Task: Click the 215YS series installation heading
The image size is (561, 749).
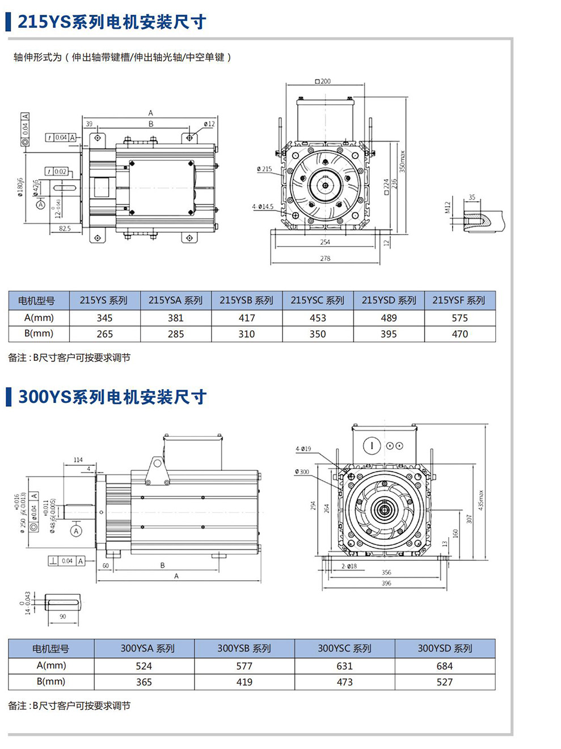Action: [x=111, y=22]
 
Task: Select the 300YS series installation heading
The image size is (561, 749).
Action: [x=112, y=397]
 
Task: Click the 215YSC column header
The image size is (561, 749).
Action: [x=318, y=300]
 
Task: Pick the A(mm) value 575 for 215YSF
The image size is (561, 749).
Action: [x=459, y=318]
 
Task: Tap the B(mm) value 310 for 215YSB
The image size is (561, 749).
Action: [x=247, y=334]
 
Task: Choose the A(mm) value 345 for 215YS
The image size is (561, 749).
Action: [x=104, y=318]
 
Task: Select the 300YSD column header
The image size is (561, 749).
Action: [x=445, y=648]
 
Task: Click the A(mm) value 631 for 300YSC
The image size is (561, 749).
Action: [x=344, y=666]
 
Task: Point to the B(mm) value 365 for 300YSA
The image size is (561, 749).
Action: [x=144, y=682]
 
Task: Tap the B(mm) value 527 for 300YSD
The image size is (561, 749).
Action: [x=445, y=682]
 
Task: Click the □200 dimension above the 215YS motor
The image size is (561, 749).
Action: [x=323, y=81]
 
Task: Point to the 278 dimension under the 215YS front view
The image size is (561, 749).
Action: [x=325, y=258]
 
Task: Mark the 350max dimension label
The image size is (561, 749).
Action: [x=402, y=161]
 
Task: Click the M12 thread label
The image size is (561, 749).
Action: [x=448, y=207]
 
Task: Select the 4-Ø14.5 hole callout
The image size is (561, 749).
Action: [x=263, y=207]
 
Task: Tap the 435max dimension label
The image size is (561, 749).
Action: [x=480, y=500]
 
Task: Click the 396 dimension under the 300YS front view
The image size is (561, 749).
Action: [x=386, y=583]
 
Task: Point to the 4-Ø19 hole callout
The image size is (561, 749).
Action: [x=303, y=449]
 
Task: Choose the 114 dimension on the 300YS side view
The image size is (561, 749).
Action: [x=78, y=460]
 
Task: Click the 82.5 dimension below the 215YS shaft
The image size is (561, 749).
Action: [x=65, y=229]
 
